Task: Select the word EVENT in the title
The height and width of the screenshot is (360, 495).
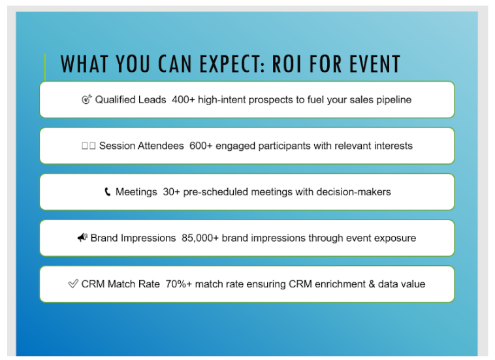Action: pos(375,64)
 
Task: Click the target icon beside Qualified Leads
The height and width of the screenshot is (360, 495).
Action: pos(86,99)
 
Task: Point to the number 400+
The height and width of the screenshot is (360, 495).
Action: pos(183,100)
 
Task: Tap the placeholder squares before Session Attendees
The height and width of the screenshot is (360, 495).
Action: pos(88,146)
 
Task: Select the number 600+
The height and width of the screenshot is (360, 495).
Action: pos(200,146)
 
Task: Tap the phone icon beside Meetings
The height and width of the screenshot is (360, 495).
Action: pos(108,191)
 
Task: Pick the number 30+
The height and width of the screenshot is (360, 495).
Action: pos(171,192)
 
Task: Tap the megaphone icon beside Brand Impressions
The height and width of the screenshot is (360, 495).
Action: pos(83,237)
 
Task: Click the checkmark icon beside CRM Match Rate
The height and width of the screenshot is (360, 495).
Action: pos(73,284)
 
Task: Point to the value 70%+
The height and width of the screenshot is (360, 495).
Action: pos(179,284)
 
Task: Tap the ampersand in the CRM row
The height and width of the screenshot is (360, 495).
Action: pos(372,284)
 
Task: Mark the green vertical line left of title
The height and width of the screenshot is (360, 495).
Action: pos(45,67)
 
